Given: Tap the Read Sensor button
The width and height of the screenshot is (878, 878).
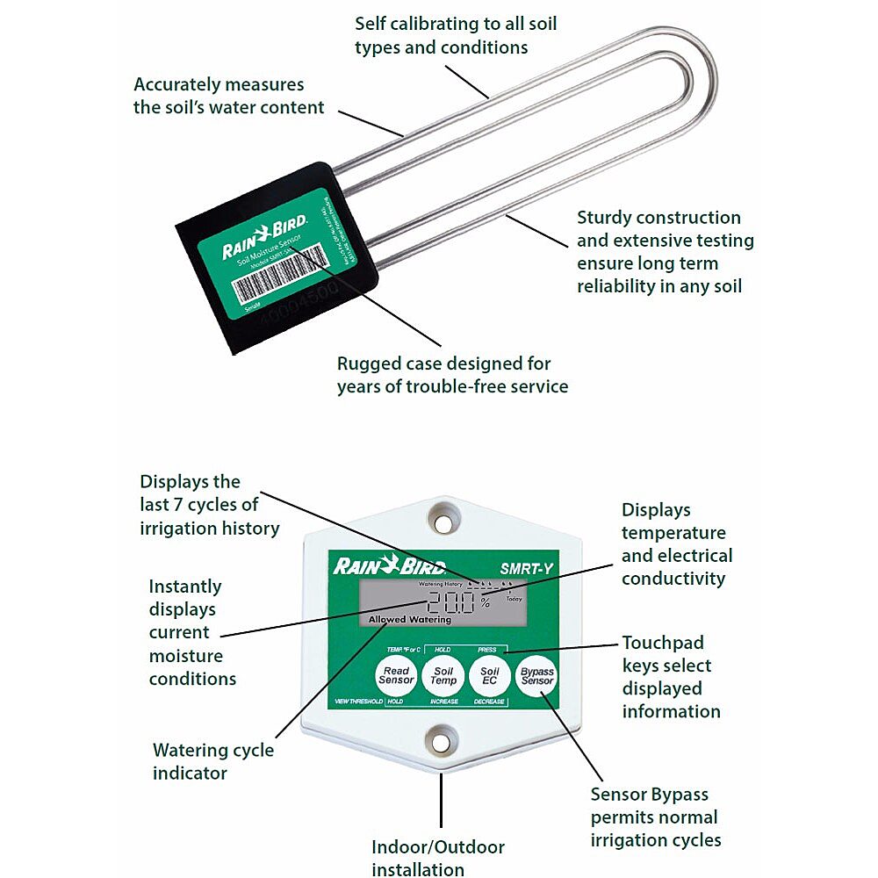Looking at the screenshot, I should point(396,675).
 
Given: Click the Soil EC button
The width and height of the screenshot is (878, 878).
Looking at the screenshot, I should point(489,675).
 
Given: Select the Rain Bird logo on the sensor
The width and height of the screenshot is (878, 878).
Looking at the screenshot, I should point(263,236).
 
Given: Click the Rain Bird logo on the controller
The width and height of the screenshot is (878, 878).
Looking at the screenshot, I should point(389,567).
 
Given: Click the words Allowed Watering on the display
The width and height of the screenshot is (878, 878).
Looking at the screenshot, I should point(410,620).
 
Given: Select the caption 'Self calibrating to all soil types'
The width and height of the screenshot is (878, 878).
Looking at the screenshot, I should point(456,35).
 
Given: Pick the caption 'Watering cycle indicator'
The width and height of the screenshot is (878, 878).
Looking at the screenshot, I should point(212,761).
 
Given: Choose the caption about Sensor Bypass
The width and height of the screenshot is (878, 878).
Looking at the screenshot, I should point(655,817).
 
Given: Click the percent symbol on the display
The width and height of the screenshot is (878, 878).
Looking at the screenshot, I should point(485,605).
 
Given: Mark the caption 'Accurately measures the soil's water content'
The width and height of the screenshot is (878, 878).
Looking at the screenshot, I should point(228,97).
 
